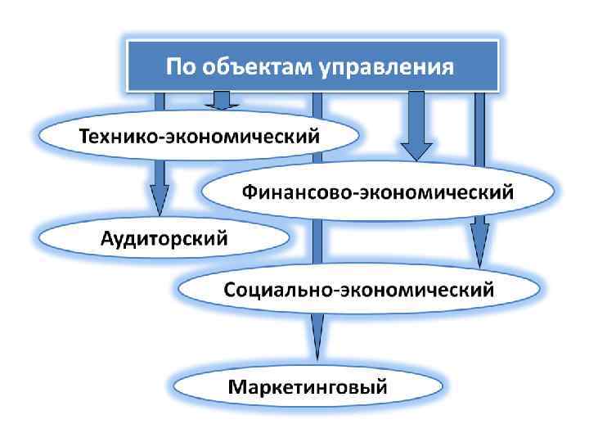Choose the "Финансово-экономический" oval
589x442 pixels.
point(377,192)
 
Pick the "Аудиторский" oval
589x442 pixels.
point(164,238)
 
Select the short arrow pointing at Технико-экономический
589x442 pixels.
point(221,101)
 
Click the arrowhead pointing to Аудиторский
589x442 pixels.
point(160,201)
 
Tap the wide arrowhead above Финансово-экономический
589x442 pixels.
point(416,150)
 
